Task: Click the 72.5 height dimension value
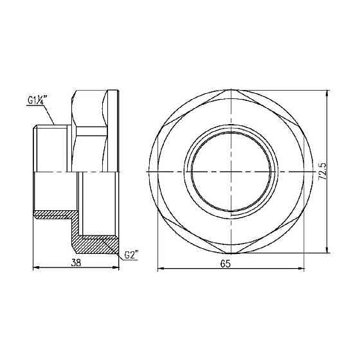click(x=322, y=173)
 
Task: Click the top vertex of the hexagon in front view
click(x=235, y=91)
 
